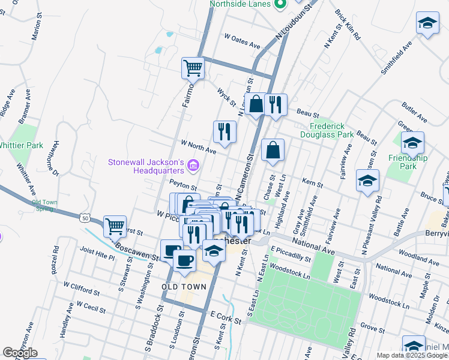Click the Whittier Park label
tap(21, 145)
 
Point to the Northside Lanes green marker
tap(280, 4)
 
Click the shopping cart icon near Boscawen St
tap(115, 226)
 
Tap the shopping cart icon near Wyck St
tap(193, 68)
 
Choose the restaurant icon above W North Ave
tap(224, 131)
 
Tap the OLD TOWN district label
tap(184, 287)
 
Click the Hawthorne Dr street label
tap(56, 158)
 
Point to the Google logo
tap(20, 353)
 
